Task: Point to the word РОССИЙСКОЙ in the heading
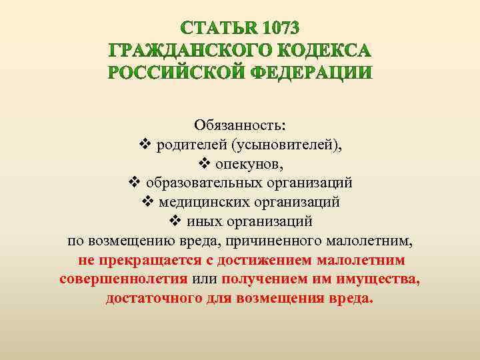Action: tap(175, 73)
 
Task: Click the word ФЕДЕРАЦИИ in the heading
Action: tap(313, 73)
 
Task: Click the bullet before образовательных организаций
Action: tap(133, 182)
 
